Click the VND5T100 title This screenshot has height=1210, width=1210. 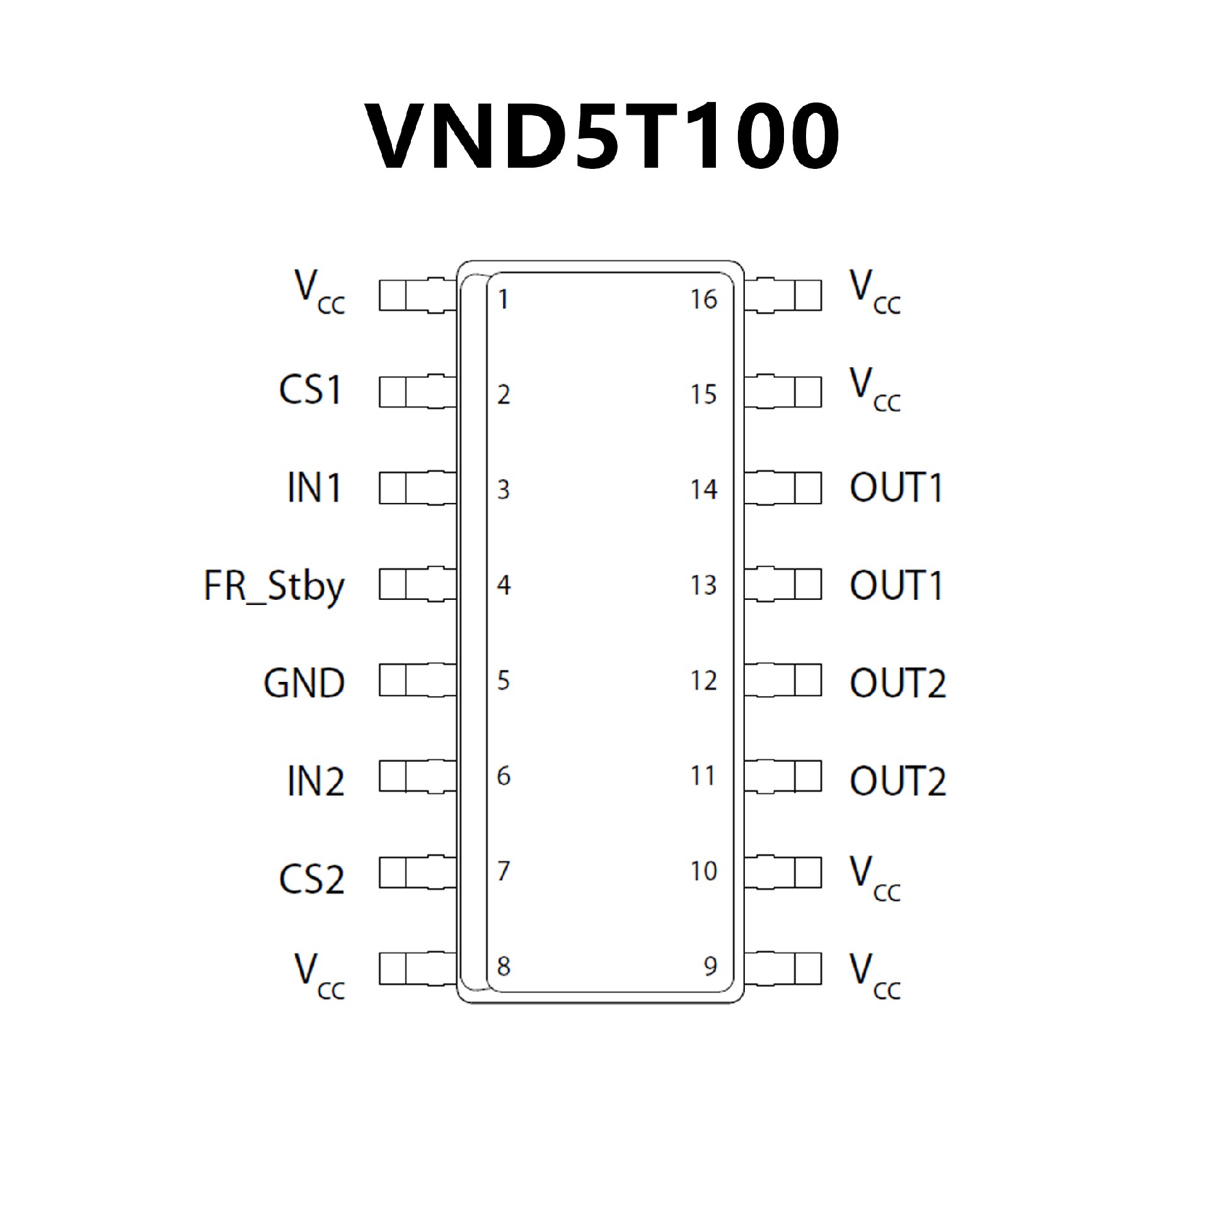(x=604, y=137)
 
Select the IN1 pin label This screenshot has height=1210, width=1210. (x=314, y=487)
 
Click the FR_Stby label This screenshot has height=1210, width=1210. (x=274, y=586)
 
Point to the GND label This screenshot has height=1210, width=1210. (x=304, y=683)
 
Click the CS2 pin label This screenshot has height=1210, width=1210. (x=312, y=879)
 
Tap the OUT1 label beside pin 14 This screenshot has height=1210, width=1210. (x=897, y=487)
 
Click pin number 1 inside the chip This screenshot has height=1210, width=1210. (x=503, y=299)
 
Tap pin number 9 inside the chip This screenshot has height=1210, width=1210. (x=710, y=965)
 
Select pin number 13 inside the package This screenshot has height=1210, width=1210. (x=704, y=585)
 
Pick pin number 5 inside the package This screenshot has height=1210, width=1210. (x=503, y=681)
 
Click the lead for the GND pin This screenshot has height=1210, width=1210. (x=417, y=681)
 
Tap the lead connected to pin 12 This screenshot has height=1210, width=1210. (x=783, y=681)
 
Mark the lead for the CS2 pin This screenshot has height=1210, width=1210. (x=417, y=873)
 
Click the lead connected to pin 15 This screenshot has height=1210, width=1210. (x=783, y=391)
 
